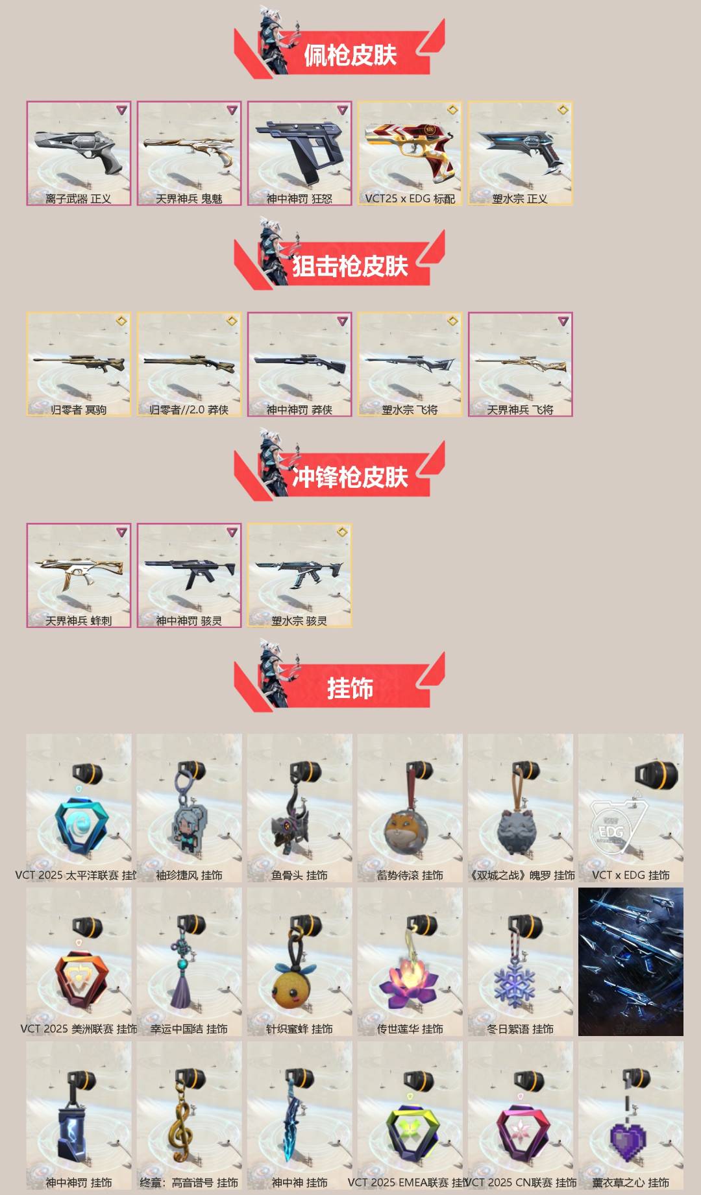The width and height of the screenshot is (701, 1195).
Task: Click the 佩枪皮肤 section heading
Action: pos(350,55)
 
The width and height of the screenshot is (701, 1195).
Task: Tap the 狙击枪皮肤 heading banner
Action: pos(350,266)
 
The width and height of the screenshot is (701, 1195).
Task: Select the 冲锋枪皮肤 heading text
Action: pos(350,477)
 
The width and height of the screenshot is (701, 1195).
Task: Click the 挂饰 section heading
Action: pos(350,688)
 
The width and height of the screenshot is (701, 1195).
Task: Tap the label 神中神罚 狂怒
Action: pos(299,199)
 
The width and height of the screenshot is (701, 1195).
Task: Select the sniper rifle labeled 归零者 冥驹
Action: pos(79,361)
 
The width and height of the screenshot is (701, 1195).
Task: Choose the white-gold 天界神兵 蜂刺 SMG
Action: pos(79,571)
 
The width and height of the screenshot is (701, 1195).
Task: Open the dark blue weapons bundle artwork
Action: pos(630,961)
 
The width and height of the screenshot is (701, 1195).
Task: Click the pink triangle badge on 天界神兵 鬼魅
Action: pos(232,110)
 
